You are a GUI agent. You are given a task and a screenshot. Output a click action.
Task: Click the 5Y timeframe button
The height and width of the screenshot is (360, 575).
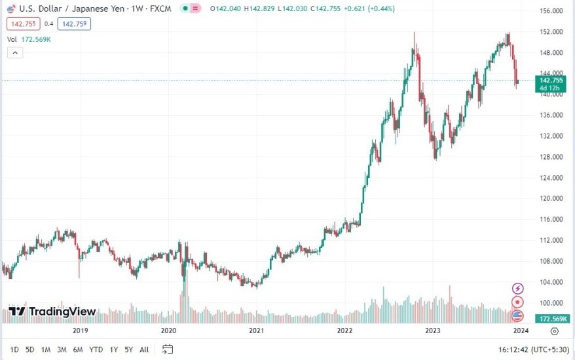coord(129,349)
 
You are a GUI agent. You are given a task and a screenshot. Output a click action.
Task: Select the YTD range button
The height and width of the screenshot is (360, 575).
coord(96,349)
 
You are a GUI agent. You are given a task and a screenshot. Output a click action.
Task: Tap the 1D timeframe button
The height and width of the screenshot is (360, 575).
coord(14,349)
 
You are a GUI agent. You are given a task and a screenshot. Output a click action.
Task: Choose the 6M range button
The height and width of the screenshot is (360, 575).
coord(78,349)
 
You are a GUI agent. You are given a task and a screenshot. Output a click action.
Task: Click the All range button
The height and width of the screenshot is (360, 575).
coord(144,349)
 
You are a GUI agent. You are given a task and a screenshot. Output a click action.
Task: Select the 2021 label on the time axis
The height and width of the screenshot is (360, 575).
coord(256,331)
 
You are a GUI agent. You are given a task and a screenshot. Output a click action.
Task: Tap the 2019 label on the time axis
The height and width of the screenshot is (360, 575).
coord(81,331)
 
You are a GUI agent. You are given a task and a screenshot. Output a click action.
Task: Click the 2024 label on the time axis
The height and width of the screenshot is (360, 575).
coord(521,331)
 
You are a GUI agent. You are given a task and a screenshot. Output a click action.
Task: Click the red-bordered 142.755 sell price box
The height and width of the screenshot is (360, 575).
coord(21,24)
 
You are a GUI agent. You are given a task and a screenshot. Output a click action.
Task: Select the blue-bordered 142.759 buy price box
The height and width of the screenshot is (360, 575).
coord(73,24)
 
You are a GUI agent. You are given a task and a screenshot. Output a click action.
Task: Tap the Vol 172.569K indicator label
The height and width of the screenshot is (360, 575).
coord(29,39)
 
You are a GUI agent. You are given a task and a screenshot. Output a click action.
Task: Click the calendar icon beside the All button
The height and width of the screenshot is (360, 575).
coord(168,349)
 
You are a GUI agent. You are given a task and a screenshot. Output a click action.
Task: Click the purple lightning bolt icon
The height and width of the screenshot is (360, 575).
coord(517,288)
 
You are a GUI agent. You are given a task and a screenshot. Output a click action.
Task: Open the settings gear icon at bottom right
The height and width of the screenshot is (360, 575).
coord(555,331)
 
